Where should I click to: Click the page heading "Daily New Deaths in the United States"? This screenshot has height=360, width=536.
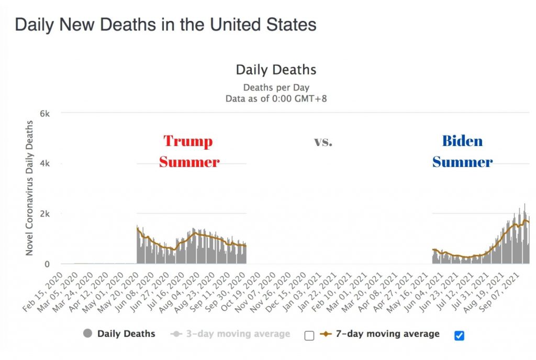tap(165, 25)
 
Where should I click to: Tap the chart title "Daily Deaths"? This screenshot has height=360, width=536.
tap(276, 70)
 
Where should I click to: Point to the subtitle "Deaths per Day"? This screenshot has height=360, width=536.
tap(276, 87)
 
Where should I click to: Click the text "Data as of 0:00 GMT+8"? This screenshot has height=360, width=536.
tap(276, 98)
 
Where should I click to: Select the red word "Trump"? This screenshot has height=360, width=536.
tap(188, 141)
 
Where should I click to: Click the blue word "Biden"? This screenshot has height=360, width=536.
tap(462, 141)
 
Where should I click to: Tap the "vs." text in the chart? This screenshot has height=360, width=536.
tap(323, 142)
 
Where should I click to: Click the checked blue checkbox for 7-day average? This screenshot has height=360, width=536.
tap(460, 335)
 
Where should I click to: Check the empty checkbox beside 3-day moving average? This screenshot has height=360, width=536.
tap(309, 335)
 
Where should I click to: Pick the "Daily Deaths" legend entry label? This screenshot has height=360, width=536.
tap(126, 334)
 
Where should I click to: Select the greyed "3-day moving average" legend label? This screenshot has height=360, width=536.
tap(237, 334)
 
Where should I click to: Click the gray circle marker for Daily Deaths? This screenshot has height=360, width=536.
tap(87, 334)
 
